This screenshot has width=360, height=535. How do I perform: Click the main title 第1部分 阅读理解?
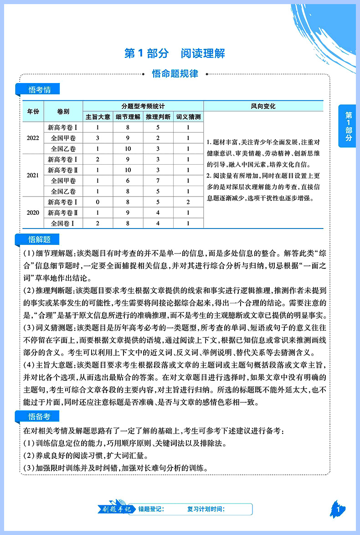175,53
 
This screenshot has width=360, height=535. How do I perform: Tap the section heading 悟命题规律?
175,74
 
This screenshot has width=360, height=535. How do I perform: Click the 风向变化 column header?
263,106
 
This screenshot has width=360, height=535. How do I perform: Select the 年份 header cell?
33,111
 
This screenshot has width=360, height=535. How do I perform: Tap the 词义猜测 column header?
188,117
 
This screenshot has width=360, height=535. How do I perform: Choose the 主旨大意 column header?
98,117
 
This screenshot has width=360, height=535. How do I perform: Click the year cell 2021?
33,175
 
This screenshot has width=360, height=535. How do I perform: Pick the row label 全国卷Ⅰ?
63,223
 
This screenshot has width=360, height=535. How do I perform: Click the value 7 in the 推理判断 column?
158,181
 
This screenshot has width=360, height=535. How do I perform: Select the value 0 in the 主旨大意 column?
98,202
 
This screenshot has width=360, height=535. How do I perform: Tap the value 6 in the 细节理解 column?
128,181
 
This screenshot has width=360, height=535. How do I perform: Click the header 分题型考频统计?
143,106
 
